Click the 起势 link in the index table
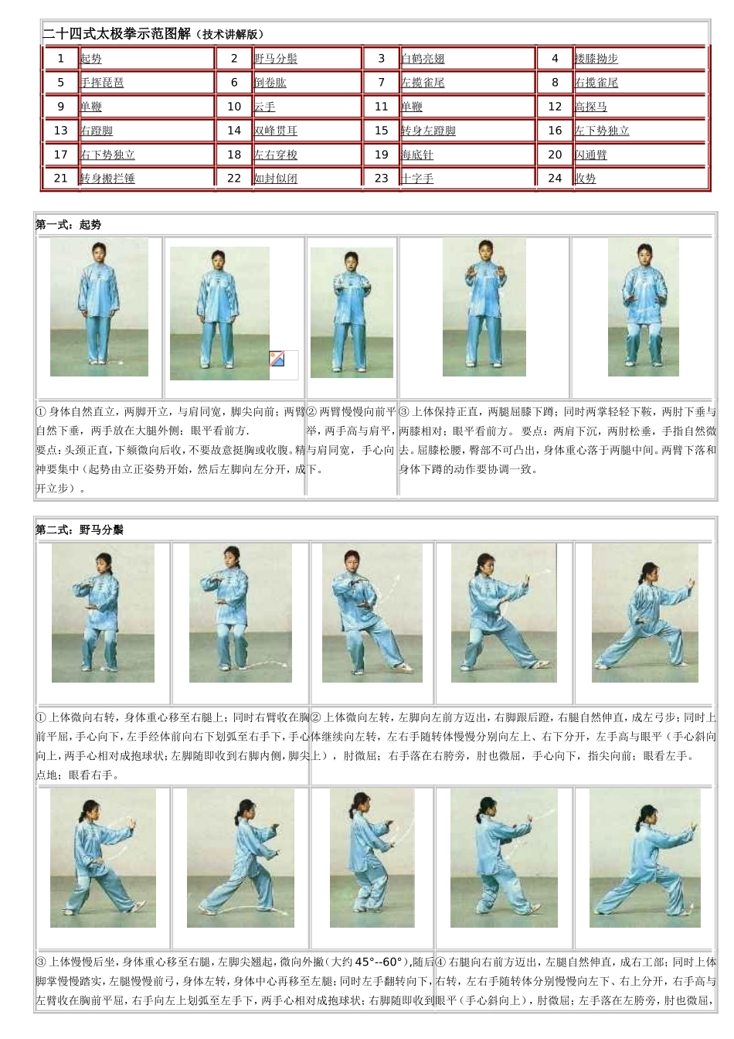(91, 59)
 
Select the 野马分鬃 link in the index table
(276, 59)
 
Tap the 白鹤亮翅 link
(423, 59)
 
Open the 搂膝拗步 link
(596, 59)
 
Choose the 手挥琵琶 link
(102, 83)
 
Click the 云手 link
(265, 107)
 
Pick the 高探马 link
(591, 107)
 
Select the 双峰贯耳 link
(276, 131)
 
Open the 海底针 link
(417, 155)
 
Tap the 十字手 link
(417, 179)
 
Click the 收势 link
(586, 179)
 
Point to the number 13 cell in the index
(61, 131)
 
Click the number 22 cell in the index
(234, 179)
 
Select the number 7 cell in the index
(381, 83)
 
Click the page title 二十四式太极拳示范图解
(116, 34)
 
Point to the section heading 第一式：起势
(69, 225)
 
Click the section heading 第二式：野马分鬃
(80, 530)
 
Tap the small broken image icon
(277, 359)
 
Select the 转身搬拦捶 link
(107, 179)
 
